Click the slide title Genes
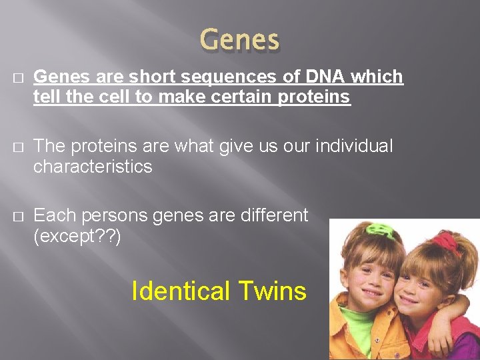point(240,41)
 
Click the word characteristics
point(93,167)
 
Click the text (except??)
point(77,236)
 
